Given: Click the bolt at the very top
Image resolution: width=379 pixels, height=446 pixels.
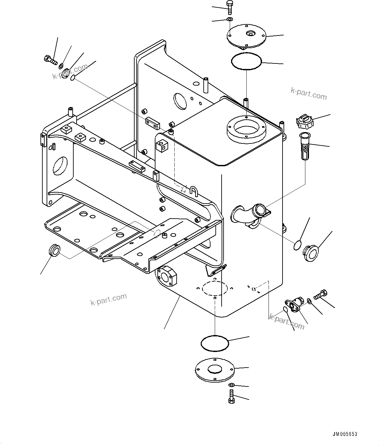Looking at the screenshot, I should coord(229,7).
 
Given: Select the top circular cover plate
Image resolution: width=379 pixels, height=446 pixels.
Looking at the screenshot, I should coord(246,37).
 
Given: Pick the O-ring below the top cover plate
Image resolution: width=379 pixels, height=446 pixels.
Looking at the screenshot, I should coord(246,61).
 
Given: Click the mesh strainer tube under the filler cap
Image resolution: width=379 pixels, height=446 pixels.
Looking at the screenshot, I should coord(304,146).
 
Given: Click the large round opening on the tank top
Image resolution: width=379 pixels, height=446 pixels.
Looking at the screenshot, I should coord(247,129).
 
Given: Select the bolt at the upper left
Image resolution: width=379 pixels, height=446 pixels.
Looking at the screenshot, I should coord(50,60).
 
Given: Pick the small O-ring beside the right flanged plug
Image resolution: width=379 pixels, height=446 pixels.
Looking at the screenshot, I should coord(298,246).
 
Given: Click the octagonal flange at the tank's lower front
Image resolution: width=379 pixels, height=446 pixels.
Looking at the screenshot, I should coord(167,276).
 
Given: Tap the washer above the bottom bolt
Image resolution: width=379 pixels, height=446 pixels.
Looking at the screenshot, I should coord(231,385).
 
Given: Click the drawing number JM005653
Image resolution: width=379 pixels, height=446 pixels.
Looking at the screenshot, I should coord(345,434).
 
